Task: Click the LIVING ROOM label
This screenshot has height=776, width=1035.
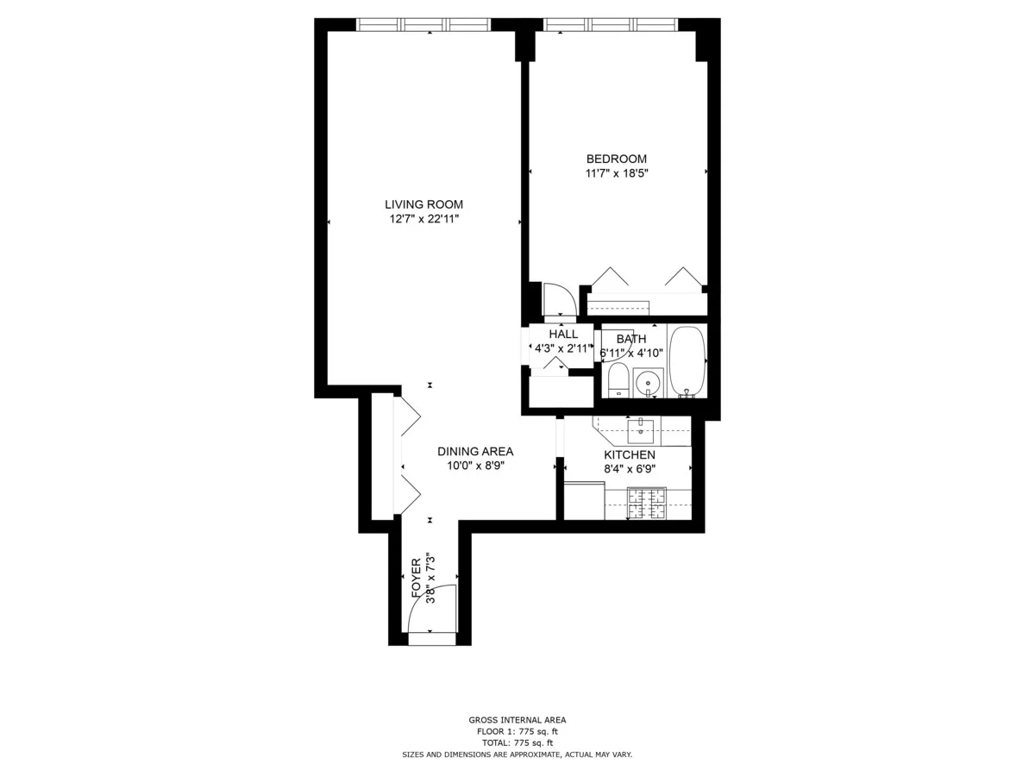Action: click(x=423, y=204)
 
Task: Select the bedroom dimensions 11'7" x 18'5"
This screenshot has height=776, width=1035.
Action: click(x=616, y=173)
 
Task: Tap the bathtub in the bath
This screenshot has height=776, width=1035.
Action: click(x=687, y=361)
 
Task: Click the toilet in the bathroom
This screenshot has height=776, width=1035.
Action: click(x=618, y=380)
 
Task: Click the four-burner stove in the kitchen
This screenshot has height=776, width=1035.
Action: click(x=647, y=504)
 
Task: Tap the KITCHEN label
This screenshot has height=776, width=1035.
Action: click(x=629, y=454)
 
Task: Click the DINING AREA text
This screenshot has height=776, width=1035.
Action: click(x=474, y=451)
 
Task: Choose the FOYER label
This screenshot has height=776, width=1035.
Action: click(x=417, y=578)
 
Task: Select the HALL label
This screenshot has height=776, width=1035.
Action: click(x=563, y=335)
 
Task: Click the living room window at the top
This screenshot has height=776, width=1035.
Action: click(x=423, y=24)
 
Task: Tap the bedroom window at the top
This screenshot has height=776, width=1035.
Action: click(x=611, y=24)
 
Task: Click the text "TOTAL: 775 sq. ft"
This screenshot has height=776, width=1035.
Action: click(x=517, y=742)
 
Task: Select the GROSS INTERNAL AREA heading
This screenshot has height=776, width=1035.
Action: click(x=517, y=720)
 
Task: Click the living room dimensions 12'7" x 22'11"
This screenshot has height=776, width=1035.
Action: click(x=423, y=219)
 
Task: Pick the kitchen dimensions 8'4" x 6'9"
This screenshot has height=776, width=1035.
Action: click(x=629, y=469)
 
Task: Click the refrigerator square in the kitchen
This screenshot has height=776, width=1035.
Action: click(x=584, y=501)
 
